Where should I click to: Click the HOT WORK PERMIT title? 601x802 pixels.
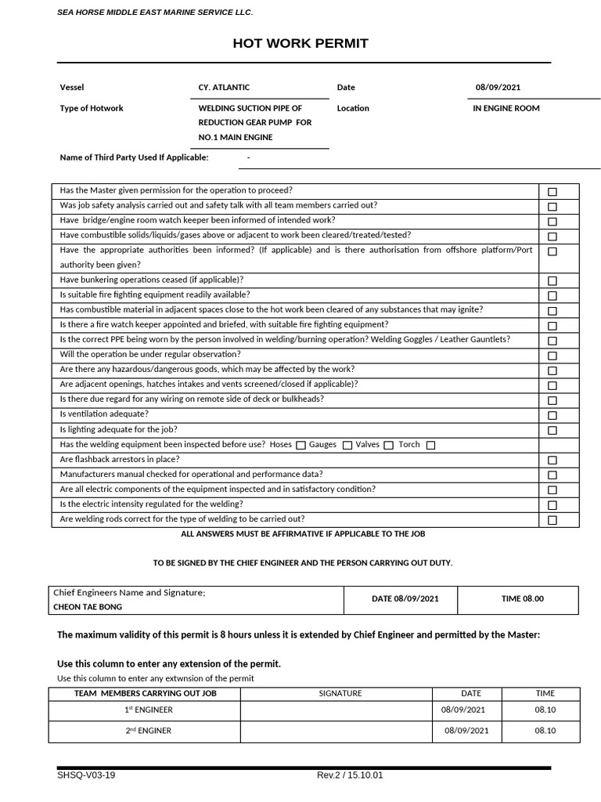point(300,43)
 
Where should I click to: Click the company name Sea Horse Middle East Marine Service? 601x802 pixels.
point(155,13)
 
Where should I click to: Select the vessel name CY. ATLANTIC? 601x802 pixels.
point(224,88)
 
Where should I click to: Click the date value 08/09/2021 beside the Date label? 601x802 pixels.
point(498,88)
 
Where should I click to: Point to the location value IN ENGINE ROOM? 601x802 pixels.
point(506,109)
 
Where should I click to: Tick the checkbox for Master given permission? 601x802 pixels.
point(552,192)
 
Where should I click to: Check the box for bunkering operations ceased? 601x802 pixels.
point(552,281)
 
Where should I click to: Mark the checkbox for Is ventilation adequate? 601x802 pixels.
point(552,415)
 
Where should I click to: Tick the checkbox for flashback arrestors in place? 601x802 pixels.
point(552,461)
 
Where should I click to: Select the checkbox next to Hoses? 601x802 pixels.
point(300,446)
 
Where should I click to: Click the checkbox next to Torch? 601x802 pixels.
point(430,446)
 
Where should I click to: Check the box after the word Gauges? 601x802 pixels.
point(347,446)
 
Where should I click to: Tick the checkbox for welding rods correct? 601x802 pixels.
point(552,520)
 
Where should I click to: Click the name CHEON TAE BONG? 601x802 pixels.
point(88,607)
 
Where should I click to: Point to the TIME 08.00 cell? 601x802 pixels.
point(522,599)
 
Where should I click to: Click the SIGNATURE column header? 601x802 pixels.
point(340,694)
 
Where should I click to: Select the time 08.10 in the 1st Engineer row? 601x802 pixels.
point(545,710)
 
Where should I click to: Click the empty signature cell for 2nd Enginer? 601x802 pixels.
point(336,732)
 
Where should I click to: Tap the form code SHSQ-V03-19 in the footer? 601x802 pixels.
point(86,775)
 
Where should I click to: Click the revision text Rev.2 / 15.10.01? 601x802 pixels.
point(350,775)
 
